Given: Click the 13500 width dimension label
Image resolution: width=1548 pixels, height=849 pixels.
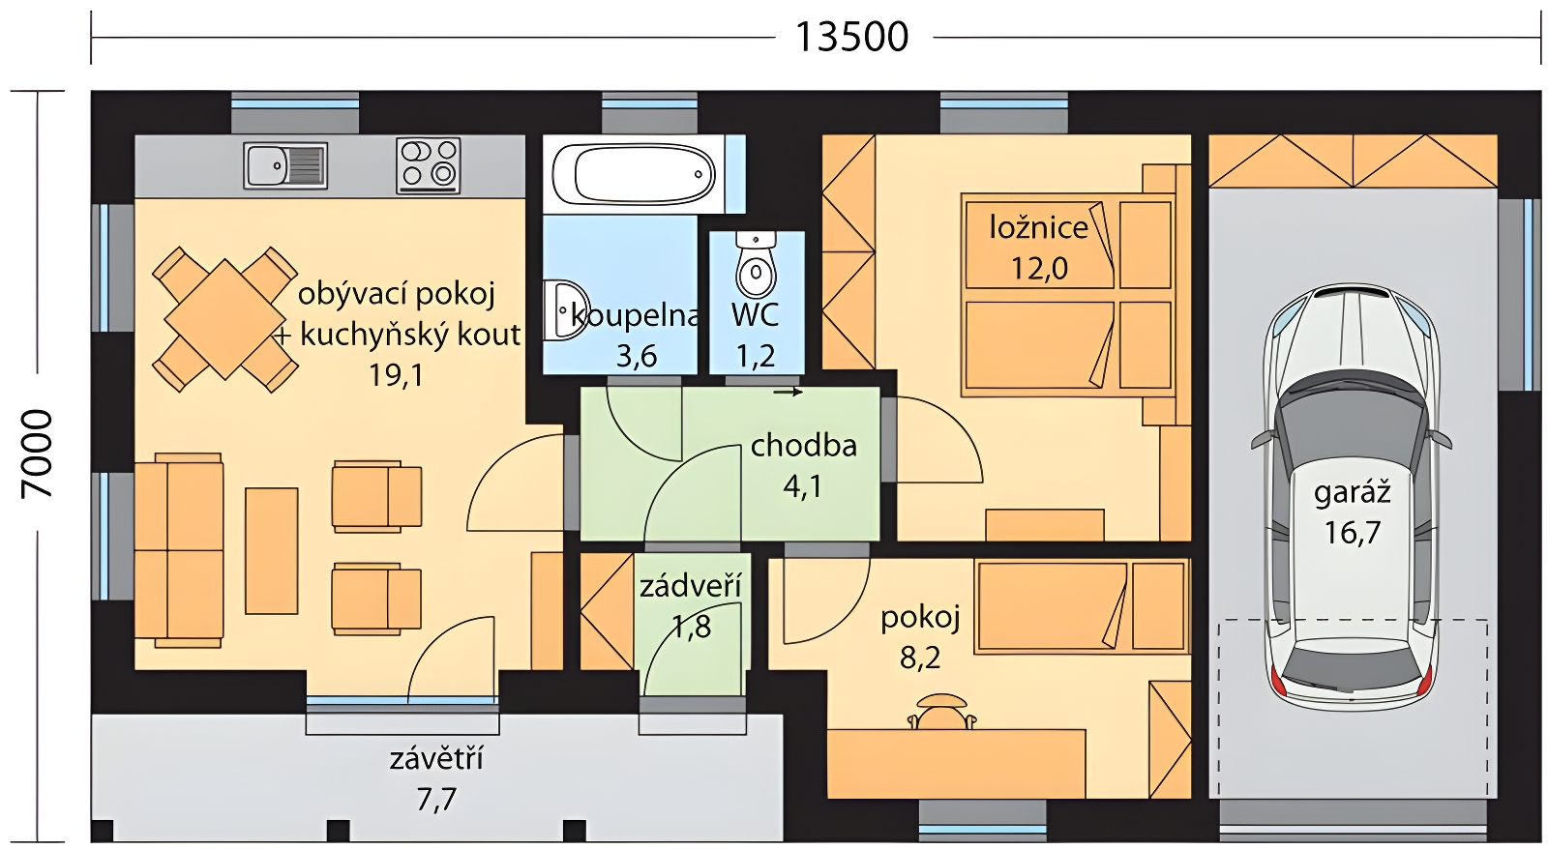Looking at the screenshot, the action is [852, 38].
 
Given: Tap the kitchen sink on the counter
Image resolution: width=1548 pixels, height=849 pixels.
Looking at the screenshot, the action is [284, 165].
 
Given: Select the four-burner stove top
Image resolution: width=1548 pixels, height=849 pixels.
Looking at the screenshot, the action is [429, 165].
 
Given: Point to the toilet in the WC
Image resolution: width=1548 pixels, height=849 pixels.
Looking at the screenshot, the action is [756, 266].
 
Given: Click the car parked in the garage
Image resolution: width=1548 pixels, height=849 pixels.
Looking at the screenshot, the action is [1351, 497].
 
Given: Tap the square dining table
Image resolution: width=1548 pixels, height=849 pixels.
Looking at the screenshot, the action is [224, 319].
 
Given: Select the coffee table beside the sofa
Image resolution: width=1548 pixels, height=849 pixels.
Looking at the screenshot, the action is [272, 550].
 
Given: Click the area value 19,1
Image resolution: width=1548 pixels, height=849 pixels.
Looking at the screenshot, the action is [396, 375].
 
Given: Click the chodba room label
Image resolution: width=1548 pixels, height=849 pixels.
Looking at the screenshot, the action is [803, 446].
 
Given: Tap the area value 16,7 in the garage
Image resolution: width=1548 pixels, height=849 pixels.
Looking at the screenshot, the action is [1352, 532].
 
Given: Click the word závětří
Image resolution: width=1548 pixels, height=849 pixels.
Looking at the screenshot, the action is [436, 758].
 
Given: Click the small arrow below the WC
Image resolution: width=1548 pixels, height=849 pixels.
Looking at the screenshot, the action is [788, 393].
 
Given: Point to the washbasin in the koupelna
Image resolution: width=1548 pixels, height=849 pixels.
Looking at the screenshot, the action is [564, 310].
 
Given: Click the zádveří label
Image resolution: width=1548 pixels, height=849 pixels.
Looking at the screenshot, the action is [691, 586].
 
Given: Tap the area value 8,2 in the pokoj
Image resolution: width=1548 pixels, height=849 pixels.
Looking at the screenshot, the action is [920, 658].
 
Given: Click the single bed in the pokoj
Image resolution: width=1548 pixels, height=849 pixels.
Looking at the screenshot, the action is [1083, 606].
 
